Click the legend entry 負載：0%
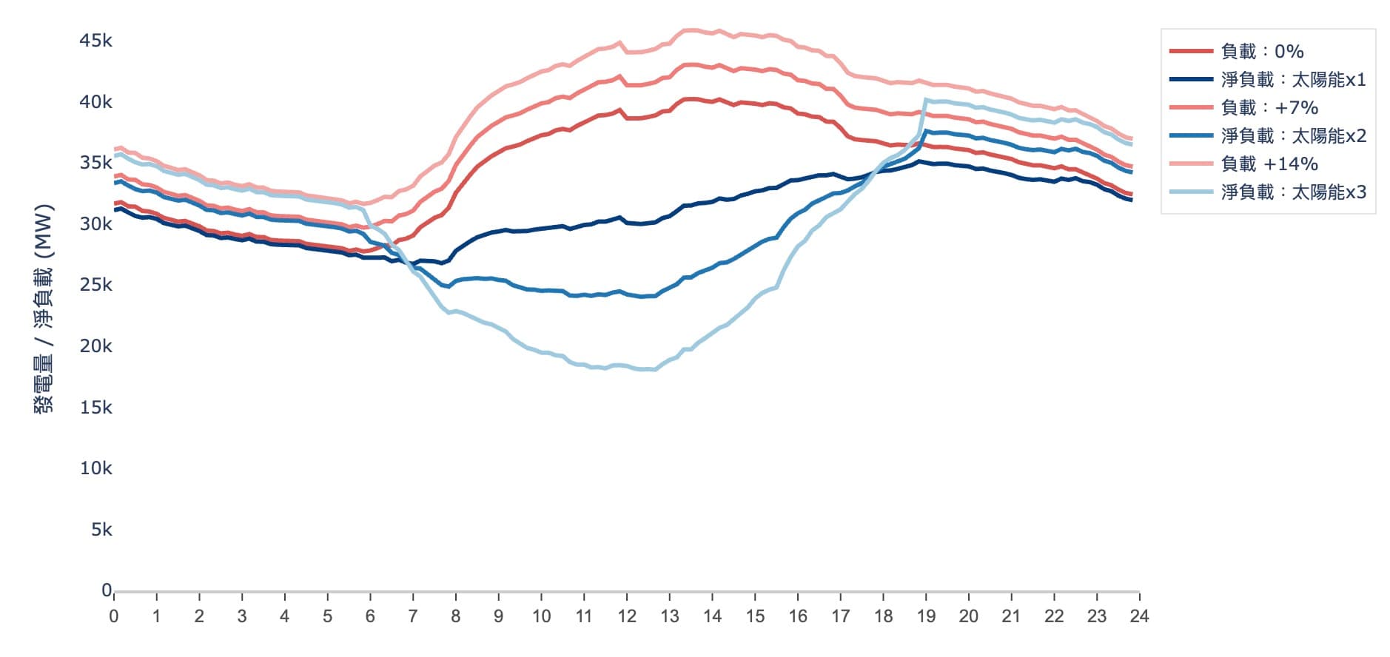(x=1262, y=51)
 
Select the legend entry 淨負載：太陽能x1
(x=1292, y=79)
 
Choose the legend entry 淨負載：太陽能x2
(x=1292, y=135)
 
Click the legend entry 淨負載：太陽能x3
(x=1292, y=192)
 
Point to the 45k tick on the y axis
(x=95, y=41)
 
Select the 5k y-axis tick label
(x=101, y=530)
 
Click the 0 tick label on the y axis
(x=107, y=590)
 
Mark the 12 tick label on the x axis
(x=627, y=616)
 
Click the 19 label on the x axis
(x=926, y=616)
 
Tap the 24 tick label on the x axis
(x=1139, y=616)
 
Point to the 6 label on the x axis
(x=370, y=616)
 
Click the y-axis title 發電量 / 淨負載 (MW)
(x=44, y=308)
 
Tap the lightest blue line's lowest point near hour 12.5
(x=648, y=369)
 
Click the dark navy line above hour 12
(x=627, y=222)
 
